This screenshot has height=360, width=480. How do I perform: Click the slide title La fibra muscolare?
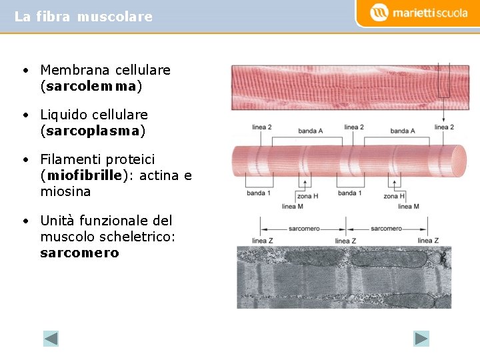click(x=83, y=17)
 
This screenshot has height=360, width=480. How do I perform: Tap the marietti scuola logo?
click(x=419, y=13)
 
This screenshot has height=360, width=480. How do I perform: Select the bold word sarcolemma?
click(x=92, y=86)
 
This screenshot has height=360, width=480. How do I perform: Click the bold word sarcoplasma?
click(x=93, y=131)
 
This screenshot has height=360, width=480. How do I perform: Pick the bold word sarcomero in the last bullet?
click(x=79, y=253)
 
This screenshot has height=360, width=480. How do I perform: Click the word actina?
click(x=157, y=175)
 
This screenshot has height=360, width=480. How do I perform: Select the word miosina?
click(x=65, y=191)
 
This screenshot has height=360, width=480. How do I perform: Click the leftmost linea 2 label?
click(x=262, y=127)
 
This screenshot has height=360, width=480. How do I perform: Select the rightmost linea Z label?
click(x=428, y=241)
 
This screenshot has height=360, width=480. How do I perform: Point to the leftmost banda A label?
click(x=311, y=131)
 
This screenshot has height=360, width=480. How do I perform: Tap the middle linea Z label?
click(x=345, y=241)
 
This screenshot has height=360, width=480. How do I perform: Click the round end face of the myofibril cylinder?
click(x=458, y=161)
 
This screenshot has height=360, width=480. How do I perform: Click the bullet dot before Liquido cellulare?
click(x=24, y=115)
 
